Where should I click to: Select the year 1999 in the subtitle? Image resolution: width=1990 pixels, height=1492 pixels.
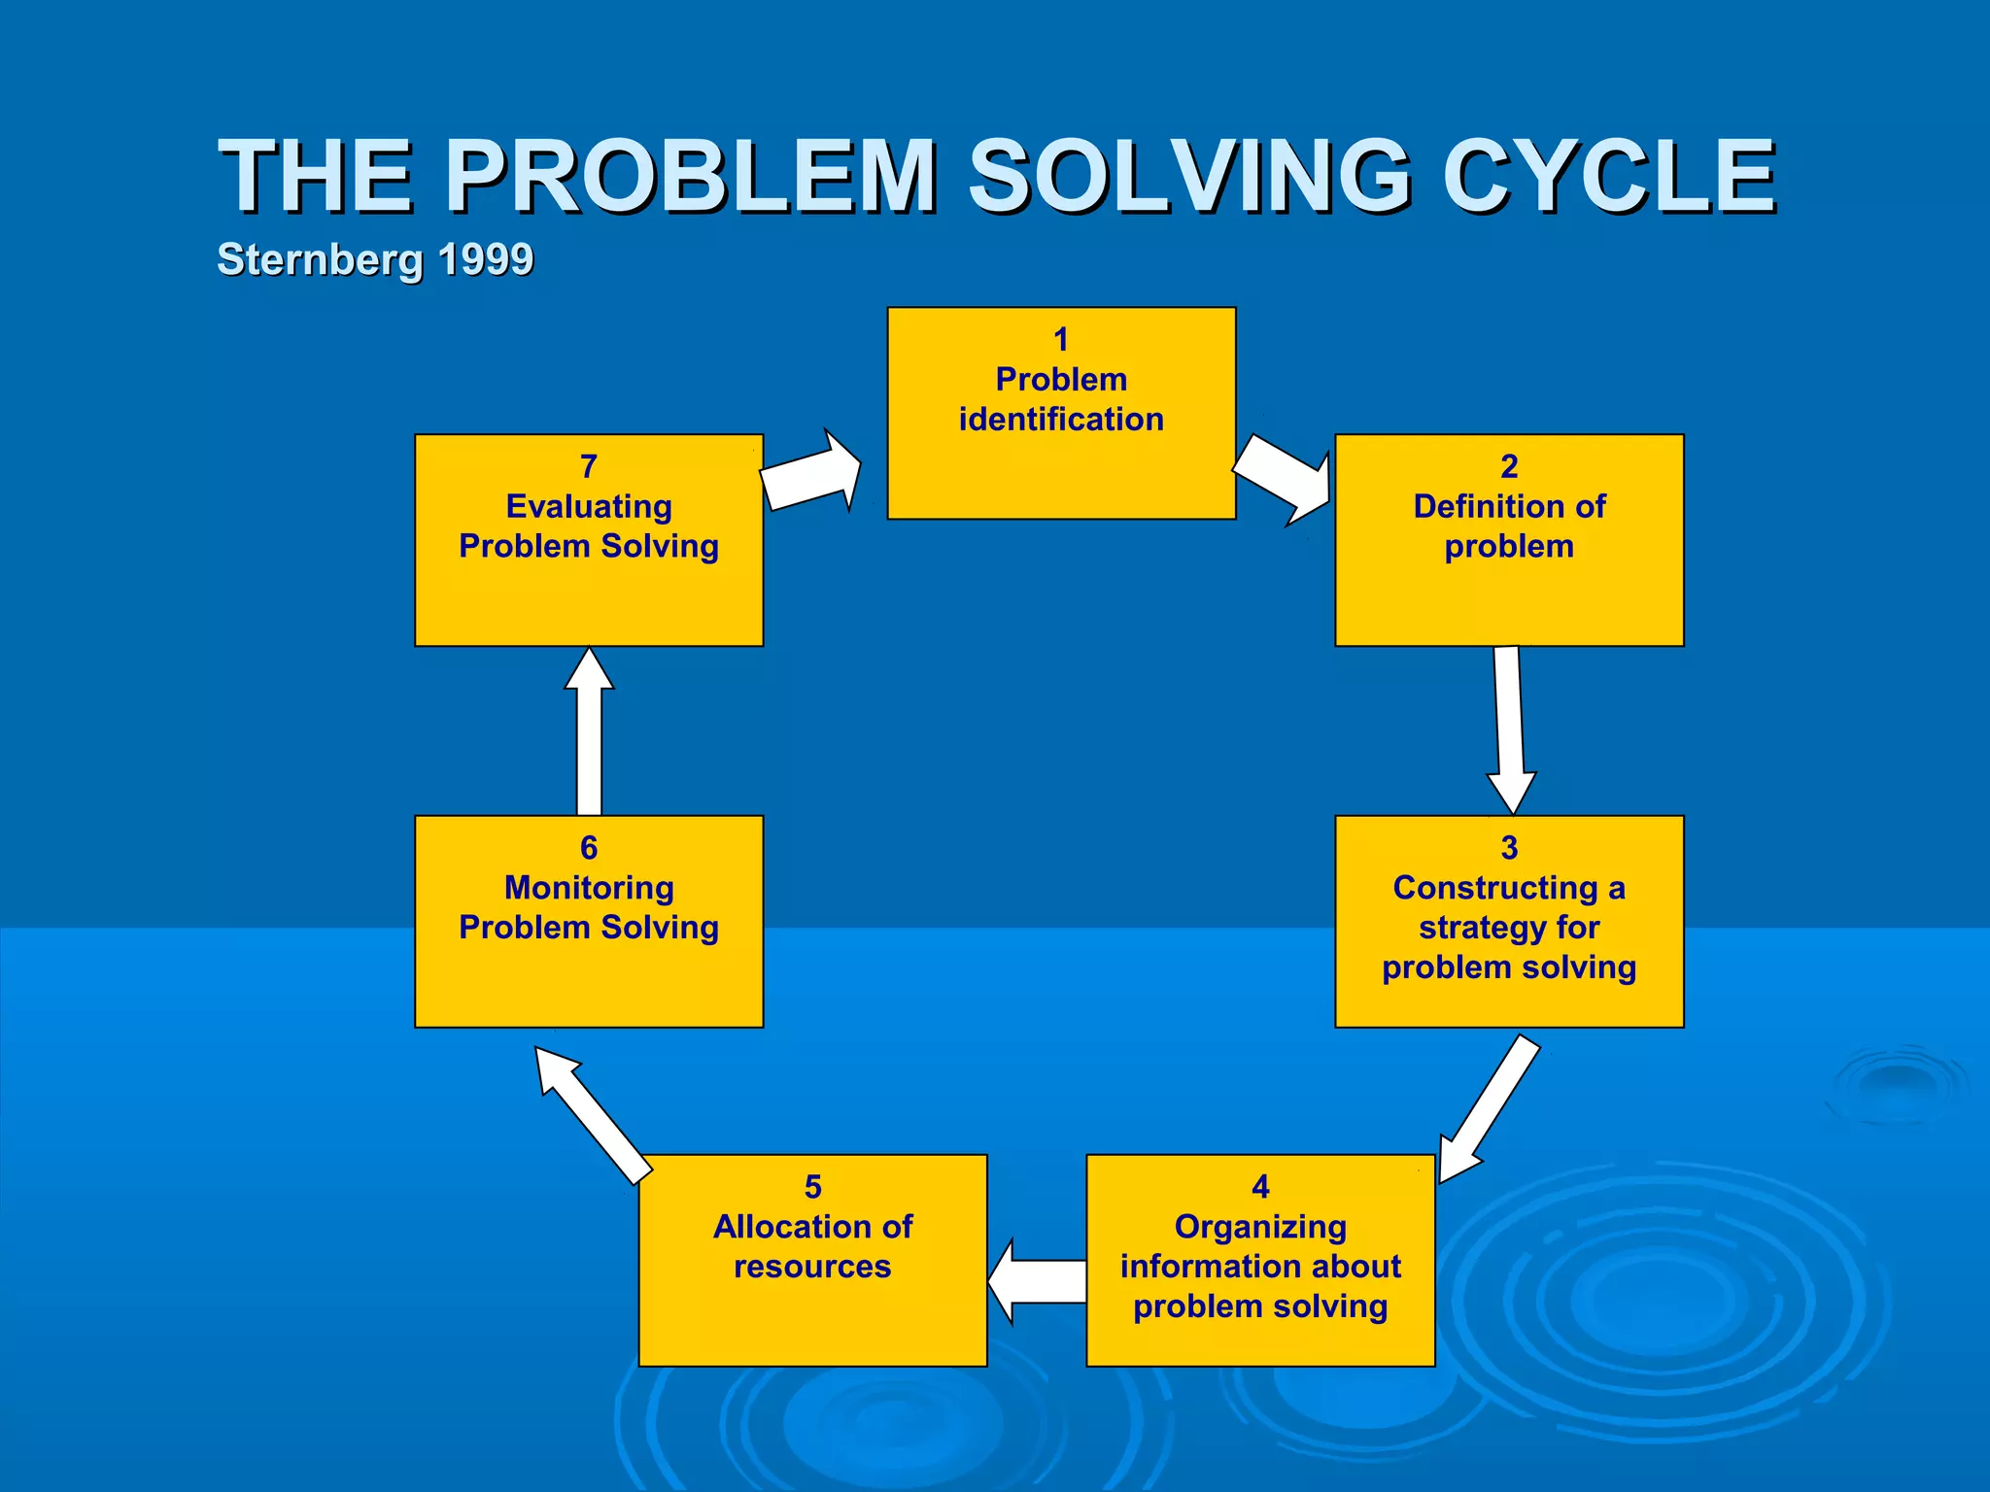coord(485,259)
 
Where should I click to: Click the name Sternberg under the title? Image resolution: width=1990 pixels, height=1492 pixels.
coord(320,259)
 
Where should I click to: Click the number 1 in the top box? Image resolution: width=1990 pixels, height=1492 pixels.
coord(1061,339)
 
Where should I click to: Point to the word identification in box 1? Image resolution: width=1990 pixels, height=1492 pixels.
coord(1061,420)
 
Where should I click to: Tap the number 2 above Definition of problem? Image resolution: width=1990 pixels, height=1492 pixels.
coord(1508,466)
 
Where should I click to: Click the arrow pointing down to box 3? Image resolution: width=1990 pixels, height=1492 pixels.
coord(1509,729)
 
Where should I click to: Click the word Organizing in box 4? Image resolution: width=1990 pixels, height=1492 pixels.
coord(1260,1227)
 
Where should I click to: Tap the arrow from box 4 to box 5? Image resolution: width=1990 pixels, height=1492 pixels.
coord(1037,1280)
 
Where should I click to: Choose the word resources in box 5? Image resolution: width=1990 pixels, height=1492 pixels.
coord(812,1267)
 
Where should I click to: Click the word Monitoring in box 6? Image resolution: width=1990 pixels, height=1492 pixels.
coord(589,888)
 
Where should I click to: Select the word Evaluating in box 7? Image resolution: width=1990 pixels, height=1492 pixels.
coord(589,506)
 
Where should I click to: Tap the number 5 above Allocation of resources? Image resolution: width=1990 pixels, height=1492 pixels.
coord(812,1187)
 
